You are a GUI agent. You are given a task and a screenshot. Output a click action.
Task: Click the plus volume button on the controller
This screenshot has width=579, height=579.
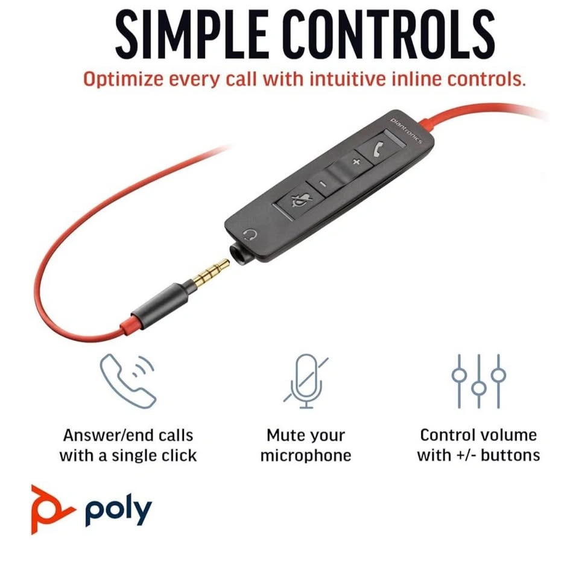click(x=356, y=162)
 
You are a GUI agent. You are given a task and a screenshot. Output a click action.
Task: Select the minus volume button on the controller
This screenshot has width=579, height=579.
click(x=322, y=183)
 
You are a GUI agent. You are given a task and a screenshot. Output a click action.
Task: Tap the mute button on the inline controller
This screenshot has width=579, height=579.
click(x=300, y=200)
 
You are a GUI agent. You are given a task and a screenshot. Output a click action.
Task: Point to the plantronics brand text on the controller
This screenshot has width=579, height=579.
click(x=406, y=130)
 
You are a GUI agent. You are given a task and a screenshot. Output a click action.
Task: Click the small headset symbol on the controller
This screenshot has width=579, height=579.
click(x=251, y=235)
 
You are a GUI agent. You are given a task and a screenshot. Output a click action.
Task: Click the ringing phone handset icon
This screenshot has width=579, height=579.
click(x=128, y=381)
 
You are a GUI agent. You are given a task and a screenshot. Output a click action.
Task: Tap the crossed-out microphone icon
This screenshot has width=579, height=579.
click(x=305, y=381)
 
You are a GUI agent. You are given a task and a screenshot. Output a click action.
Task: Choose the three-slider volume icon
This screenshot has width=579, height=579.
click(x=478, y=381)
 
